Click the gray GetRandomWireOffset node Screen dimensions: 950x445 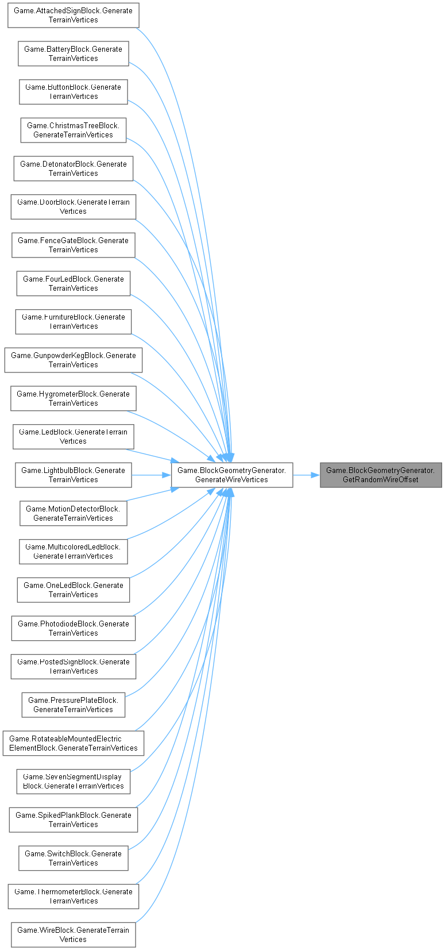coord(381,475)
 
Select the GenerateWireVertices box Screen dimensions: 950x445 coord(232,475)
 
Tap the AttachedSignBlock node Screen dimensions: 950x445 coord(73,16)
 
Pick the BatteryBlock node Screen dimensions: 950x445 coord(73,53)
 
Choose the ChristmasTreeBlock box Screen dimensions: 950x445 coord(73,130)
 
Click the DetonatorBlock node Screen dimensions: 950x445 coord(73,168)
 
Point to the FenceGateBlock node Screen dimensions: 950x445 coord(73,245)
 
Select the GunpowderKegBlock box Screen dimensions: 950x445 coord(73,360)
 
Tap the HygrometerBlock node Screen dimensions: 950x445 coord(73,398)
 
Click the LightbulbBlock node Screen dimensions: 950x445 coord(73,475)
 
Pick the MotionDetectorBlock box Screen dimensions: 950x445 coord(73,513)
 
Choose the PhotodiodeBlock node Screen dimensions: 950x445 coord(73,628)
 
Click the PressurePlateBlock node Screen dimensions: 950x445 coord(73,705)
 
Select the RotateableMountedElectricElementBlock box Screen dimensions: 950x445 coord(73,743)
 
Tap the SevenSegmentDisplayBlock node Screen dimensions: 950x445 coord(73,782)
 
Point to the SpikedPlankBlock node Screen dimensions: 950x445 coord(73,820)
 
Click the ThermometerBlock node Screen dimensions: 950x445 coord(73,897)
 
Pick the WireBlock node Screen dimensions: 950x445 coord(73,935)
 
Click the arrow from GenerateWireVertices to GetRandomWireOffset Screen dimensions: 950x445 coord(306,475)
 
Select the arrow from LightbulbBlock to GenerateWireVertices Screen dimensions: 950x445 coord(152,475)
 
